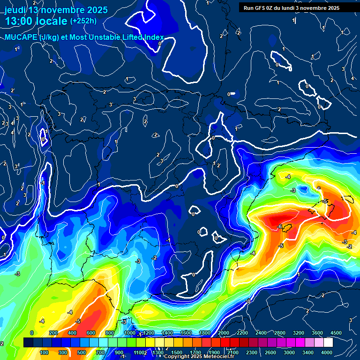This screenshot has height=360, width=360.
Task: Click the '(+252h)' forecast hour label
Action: tap(83, 21)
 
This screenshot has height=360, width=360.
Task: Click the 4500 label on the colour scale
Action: tap(336, 333)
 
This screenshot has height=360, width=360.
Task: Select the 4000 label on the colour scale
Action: tap(327, 352)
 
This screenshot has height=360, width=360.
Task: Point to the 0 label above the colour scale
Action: tap(32, 333)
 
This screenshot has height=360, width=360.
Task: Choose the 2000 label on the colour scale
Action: tap(223, 333)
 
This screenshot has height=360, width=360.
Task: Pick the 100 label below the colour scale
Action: tap(44, 352)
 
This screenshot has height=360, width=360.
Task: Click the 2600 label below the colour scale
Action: tap(270, 352)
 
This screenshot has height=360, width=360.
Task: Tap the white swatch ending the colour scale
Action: tap(328, 343)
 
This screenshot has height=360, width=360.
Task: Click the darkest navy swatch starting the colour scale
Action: tap(28, 343)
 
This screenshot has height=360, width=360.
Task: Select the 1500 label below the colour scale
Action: tap(177, 352)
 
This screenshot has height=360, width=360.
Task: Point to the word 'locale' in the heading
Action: tap(52, 22)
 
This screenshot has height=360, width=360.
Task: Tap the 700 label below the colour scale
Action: tap(100, 352)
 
